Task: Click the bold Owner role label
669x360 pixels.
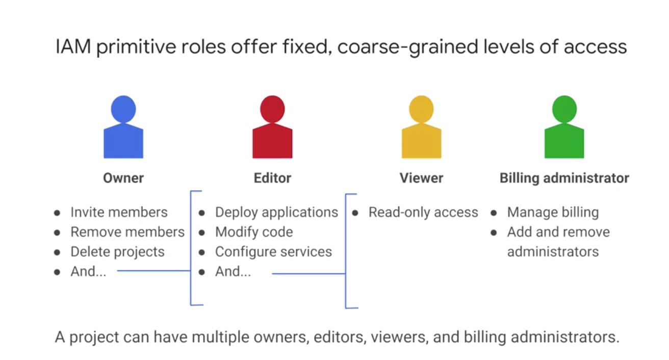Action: [x=123, y=178]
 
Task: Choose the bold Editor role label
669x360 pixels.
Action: [x=272, y=178]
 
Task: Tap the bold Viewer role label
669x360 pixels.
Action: [x=421, y=178]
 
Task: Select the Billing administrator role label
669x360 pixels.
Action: [x=564, y=178]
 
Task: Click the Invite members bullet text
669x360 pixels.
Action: [x=119, y=212]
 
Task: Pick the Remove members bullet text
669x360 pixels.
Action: [x=127, y=232]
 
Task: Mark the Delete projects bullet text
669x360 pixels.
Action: [x=117, y=252]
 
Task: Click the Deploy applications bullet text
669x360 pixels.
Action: [x=276, y=212]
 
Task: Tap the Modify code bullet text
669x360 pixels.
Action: [x=254, y=232]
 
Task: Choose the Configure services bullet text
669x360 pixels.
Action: [x=273, y=252]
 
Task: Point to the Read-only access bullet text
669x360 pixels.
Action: [x=423, y=212]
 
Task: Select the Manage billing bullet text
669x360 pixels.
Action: [x=553, y=212]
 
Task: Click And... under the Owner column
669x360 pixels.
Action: [x=88, y=272]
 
